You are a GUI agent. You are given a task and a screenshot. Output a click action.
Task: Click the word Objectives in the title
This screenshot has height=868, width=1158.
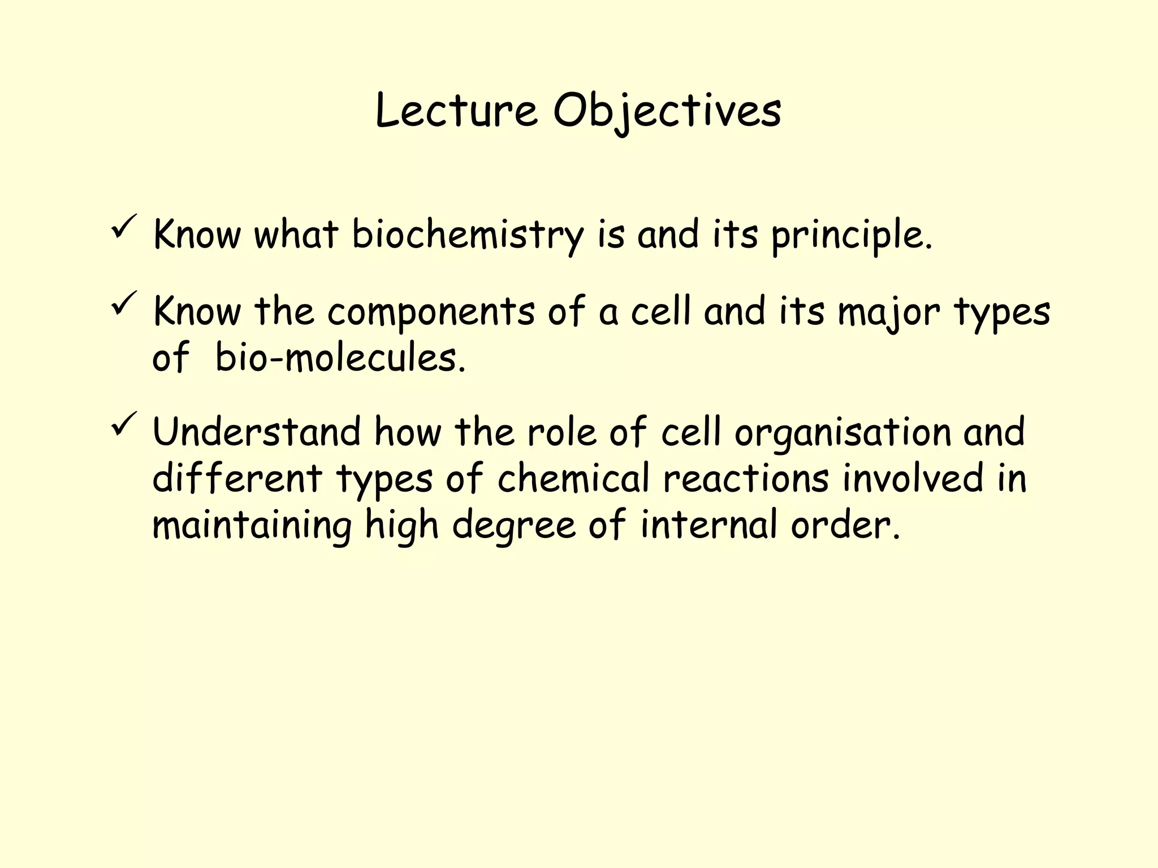click(667, 111)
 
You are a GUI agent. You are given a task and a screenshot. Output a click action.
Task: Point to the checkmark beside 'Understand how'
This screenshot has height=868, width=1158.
click(123, 424)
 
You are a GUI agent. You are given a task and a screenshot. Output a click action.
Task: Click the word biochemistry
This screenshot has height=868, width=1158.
click(468, 234)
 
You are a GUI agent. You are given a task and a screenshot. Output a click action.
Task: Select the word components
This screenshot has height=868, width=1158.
click(431, 312)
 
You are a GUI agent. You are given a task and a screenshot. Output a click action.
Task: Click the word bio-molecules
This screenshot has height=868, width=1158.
click(340, 358)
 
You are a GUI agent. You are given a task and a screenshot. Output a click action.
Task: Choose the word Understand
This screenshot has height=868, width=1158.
click(256, 432)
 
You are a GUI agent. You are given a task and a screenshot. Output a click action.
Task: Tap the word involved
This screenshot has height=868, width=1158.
click(914, 478)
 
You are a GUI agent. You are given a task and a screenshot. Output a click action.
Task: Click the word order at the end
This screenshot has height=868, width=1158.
click(843, 524)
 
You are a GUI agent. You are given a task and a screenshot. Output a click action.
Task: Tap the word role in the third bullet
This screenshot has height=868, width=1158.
click(561, 432)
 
